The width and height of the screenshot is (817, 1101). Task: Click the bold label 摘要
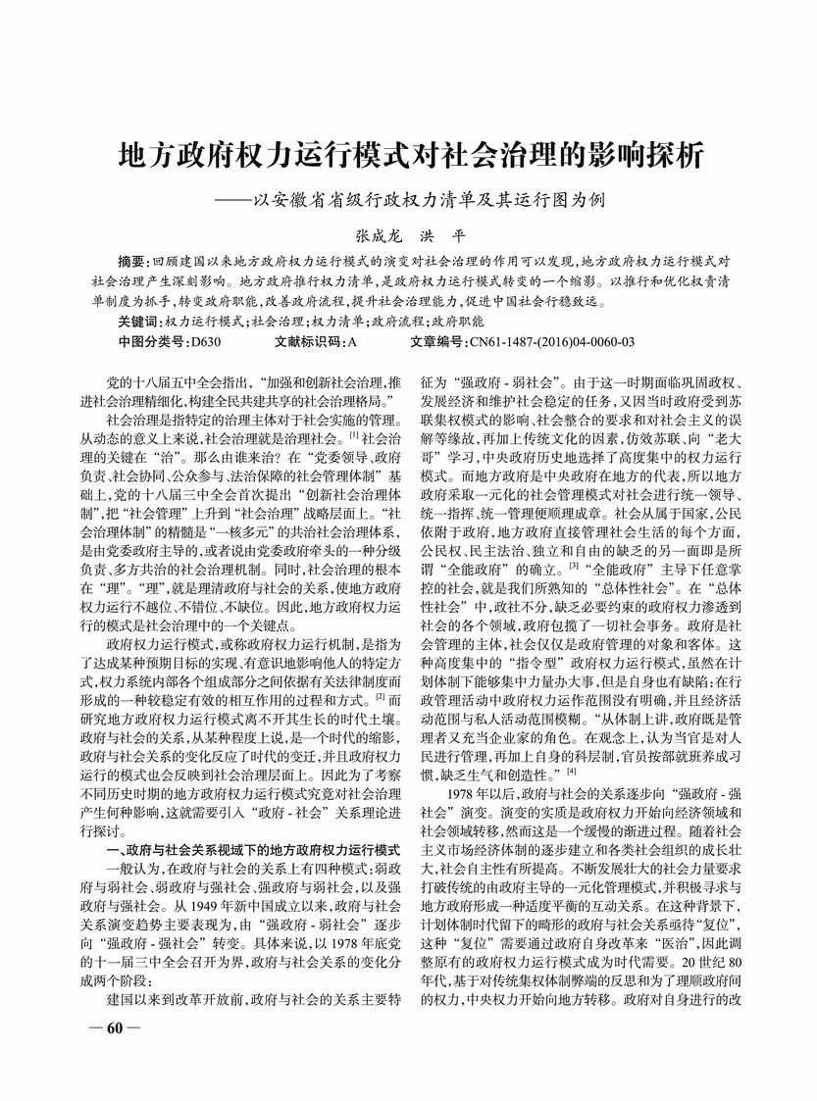(130, 264)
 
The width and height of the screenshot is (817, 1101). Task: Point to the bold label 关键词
(140, 322)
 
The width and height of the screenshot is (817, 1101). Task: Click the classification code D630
(208, 342)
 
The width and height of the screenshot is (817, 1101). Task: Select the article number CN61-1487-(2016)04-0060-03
(553, 342)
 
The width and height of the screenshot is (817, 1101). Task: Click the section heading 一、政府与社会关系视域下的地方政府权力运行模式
(254, 848)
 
